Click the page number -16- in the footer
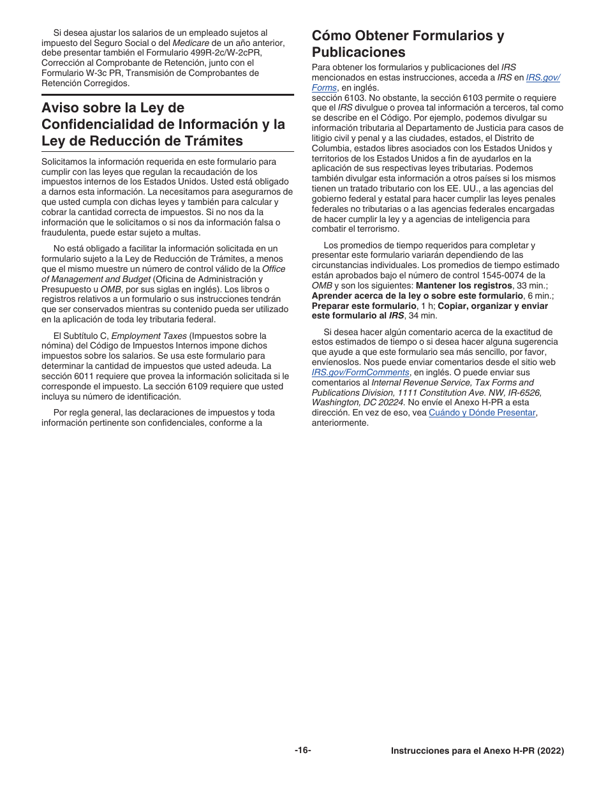pos(303,751)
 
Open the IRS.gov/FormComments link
pos(360,373)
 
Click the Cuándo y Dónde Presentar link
pos(482,413)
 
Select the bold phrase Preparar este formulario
pos(364,306)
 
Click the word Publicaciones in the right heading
pos(358,52)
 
